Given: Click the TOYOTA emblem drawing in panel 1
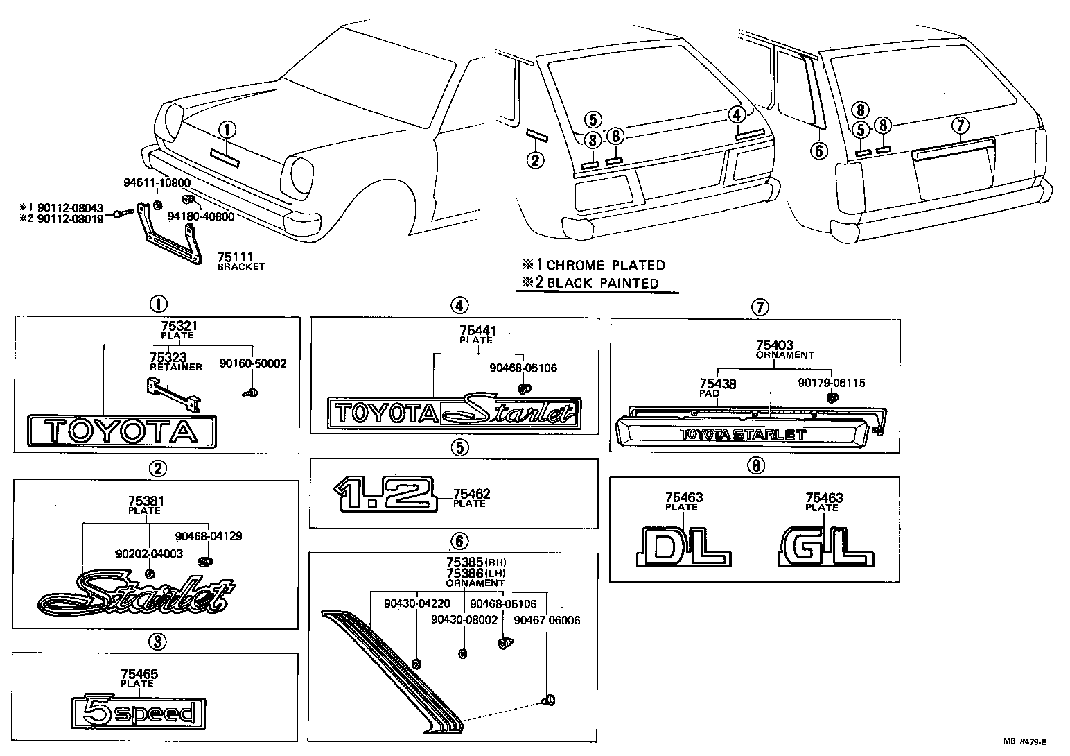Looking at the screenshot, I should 121,431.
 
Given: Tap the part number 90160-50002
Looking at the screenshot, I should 252,363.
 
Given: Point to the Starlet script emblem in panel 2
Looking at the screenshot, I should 137,594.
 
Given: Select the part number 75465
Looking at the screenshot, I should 139,674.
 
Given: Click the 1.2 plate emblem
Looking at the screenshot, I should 383,495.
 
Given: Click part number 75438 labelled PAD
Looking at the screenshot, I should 717,384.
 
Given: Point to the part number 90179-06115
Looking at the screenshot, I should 831,383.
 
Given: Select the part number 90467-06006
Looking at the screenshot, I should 547,620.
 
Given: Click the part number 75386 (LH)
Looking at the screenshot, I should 464,574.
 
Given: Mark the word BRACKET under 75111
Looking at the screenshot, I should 241,266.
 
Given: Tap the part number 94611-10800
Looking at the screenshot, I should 157,183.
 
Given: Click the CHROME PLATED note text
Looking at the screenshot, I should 605,265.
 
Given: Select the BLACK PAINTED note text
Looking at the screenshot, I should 602,283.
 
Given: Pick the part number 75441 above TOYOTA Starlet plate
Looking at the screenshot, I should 478,332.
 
